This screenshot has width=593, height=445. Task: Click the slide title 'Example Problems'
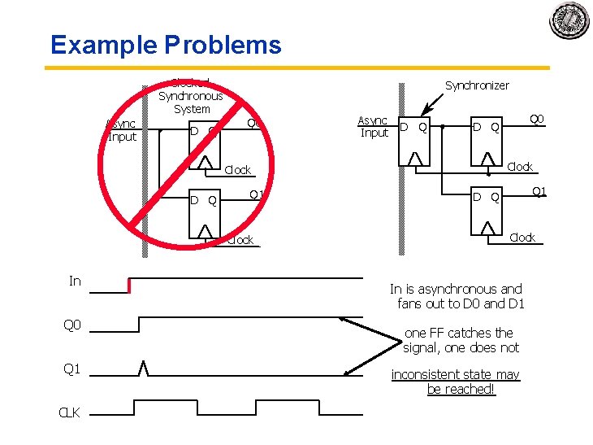166,45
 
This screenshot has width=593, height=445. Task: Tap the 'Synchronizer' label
477,85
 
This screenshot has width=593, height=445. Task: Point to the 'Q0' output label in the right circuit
537,119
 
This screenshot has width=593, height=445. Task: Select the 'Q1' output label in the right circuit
538,192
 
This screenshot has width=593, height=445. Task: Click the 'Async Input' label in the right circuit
374,127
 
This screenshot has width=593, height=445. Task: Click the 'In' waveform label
75,281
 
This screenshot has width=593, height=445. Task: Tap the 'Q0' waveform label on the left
72,325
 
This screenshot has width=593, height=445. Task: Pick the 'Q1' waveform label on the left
72,369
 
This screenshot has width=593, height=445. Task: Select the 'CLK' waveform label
70,412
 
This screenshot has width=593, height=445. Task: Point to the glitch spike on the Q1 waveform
144,368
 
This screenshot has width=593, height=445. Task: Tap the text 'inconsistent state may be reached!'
456,382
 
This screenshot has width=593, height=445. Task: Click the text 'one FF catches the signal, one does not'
460,340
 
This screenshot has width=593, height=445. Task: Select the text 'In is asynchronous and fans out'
457,296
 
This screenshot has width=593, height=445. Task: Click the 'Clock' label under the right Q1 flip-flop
522,238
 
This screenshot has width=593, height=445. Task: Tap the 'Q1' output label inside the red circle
256,194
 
